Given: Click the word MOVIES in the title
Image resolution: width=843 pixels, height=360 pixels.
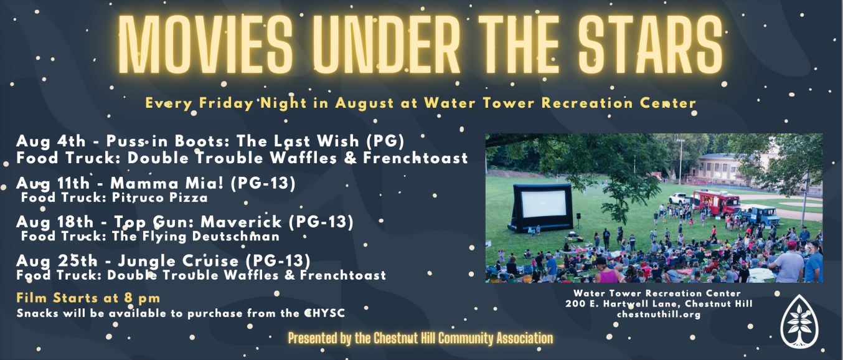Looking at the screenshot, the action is point(205,45).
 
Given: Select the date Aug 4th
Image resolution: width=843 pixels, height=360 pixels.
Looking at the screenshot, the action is point(51,141).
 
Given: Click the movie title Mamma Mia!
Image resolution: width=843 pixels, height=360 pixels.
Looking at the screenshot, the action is point(167,183).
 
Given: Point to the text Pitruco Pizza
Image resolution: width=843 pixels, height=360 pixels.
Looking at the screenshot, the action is point(159,197).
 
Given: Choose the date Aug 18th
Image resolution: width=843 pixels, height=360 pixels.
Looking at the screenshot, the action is point(55,222).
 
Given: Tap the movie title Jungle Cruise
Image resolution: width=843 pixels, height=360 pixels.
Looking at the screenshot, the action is point(179,261).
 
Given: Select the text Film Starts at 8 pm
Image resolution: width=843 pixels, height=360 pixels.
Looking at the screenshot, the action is point(88,298).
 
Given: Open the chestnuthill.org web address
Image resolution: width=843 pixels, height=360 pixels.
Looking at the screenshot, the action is point(659,314).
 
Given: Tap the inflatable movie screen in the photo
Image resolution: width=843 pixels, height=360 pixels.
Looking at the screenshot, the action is point(540,207).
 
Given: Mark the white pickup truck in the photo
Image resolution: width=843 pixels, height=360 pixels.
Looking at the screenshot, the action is point(681,199).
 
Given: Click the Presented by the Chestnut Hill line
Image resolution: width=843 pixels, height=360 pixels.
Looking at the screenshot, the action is point(420,338).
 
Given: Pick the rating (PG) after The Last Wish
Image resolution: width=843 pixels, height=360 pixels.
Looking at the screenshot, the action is point(385,141).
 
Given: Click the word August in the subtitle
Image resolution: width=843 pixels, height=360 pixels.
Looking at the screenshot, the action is point(364,103).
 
